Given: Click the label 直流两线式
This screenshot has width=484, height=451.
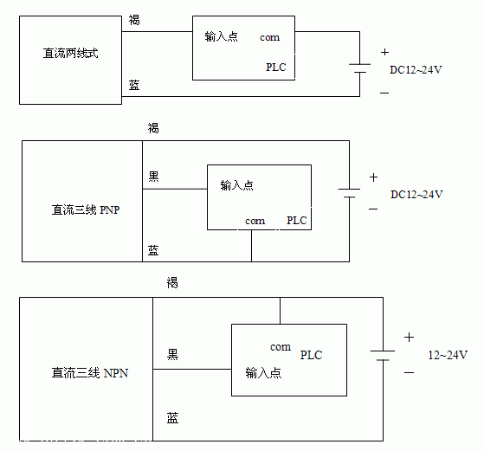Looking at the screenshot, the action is click(x=70, y=53).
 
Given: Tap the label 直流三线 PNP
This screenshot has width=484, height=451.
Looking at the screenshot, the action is click(x=86, y=209).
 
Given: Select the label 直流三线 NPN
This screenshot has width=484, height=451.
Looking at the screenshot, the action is click(x=90, y=373).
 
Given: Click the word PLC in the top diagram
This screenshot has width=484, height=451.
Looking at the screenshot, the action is click(x=276, y=67).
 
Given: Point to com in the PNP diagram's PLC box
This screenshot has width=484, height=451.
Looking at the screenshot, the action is click(x=255, y=221).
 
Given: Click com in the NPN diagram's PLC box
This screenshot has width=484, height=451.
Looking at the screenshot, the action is click(x=281, y=347).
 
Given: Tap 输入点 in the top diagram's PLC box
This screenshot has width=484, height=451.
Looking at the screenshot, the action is click(x=222, y=36).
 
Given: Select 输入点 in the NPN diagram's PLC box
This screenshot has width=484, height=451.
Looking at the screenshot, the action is click(x=263, y=373).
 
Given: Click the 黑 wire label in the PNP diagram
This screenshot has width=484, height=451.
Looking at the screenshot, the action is click(x=154, y=177).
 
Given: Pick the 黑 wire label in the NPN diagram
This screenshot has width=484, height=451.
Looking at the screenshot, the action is click(x=172, y=354).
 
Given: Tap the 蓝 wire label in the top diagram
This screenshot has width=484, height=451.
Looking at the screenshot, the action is click(x=134, y=85).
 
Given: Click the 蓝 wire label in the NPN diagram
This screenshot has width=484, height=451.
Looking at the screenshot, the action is click(x=172, y=418).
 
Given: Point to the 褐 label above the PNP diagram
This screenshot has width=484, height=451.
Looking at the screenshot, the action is click(x=153, y=128).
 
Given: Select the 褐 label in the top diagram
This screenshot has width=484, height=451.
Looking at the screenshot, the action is click(x=134, y=20).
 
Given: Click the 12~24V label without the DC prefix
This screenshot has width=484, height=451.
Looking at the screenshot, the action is click(x=448, y=355).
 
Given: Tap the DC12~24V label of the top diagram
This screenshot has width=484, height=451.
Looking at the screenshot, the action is click(x=416, y=70).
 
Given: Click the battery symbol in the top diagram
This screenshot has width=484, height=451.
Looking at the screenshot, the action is click(x=359, y=68).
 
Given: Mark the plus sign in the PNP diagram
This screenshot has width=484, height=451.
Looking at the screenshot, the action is click(x=373, y=177).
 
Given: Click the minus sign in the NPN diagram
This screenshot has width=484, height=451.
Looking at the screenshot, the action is click(x=409, y=372).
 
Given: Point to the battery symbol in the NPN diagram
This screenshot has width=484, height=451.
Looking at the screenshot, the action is click(x=383, y=355).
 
